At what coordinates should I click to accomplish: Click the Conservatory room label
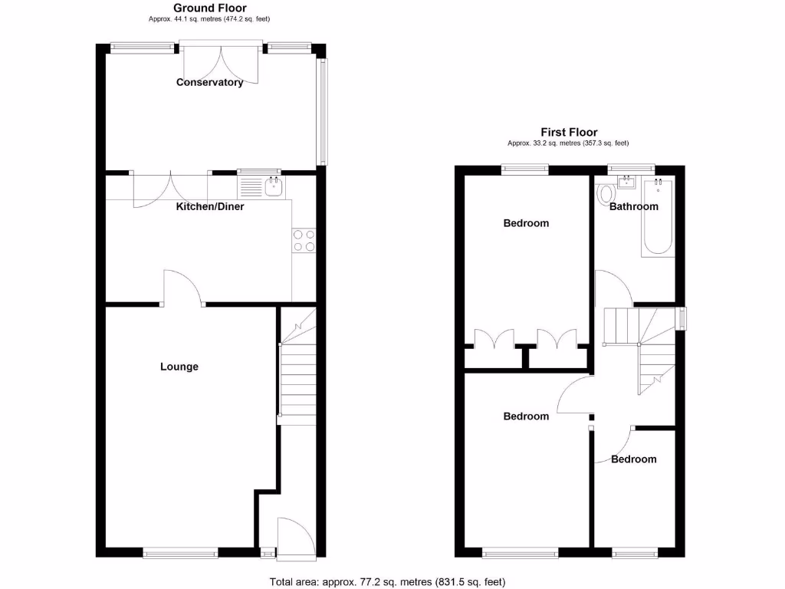pyautogui.click(x=209, y=82)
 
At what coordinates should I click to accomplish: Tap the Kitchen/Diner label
pyautogui.click(x=210, y=206)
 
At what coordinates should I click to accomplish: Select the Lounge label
pyautogui.click(x=179, y=367)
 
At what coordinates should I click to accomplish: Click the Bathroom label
pyautogui.click(x=633, y=206)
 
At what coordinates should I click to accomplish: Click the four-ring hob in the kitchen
pyautogui.click(x=303, y=241)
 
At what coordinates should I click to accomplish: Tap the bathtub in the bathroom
pyautogui.click(x=658, y=217)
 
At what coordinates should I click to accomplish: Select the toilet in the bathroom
pyautogui.click(x=606, y=193)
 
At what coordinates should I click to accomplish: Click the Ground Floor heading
pyautogui.click(x=209, y=8)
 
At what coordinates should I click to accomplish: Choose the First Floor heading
pyautogui.click(x=568, y=132)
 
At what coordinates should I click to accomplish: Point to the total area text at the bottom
pyautogui.click(x=387, y=582)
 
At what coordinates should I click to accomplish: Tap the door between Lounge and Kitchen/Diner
pyautogui.click(x=182, y=288)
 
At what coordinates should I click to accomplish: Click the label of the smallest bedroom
pyautogui.click(x=633, y=459)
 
